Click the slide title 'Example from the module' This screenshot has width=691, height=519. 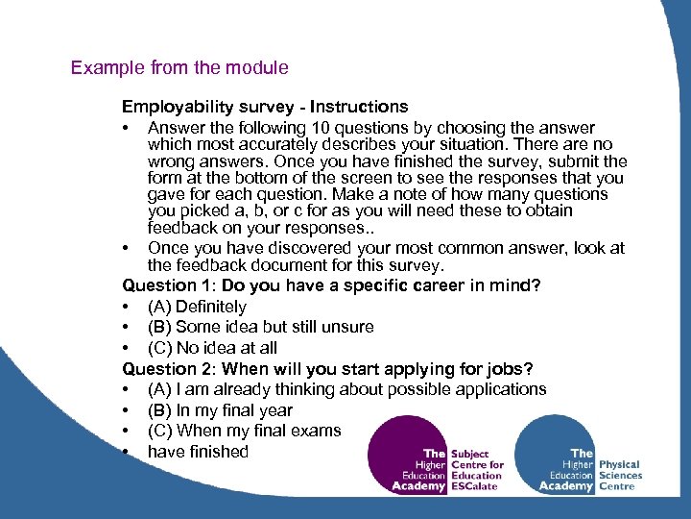click(x=179, y=68)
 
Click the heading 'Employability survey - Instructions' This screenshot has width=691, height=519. click(x=264, y=107)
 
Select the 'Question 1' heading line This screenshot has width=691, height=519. click(x=331, y=285)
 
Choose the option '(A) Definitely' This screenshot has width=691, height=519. click(x=197, y=307)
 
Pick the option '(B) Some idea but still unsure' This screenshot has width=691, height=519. click(x=260, y=327)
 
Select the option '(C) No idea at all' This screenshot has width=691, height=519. click(x=212, y=348)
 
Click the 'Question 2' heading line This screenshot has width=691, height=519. click(x=327, y=369)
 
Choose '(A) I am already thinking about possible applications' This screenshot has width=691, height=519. click(x=346, y=389)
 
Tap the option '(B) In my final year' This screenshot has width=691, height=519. click(x=220, y=410)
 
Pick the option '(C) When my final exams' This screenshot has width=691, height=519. click(x=244, y=431)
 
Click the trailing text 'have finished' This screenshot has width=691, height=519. click(x=198, y=452)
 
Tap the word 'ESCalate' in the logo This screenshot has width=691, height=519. click(x=476, y=486)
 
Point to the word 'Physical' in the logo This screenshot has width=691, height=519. click(x=620, y=464)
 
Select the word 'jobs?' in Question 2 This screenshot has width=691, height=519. click(x=512, y=369)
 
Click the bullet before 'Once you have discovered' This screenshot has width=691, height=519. click(x=127, y=248)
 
